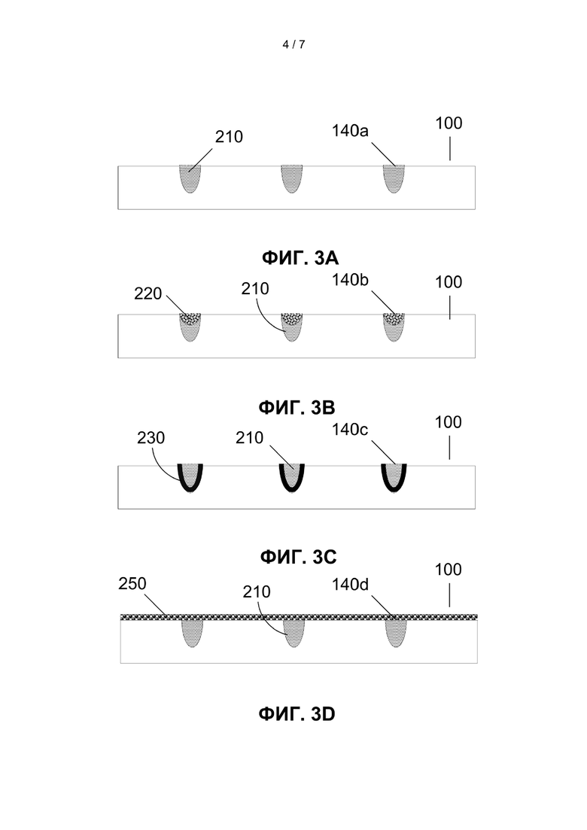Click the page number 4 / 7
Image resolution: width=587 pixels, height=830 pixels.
[293, 44]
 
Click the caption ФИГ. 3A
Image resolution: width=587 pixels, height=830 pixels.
[300, 258]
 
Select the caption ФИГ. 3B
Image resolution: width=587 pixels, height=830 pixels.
[297, 408]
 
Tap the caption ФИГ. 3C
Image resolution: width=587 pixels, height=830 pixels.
[299, 557]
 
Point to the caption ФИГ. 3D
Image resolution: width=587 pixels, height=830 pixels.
[297, 714]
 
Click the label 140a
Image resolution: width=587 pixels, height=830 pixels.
[350, 130]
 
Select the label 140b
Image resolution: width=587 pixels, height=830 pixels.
[350, 279]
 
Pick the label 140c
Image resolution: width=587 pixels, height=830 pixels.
[350, 429]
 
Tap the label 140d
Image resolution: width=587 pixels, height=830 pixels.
[351, 585]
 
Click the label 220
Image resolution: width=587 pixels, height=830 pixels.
[148, 293]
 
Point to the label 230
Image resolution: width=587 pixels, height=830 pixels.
[151, 438]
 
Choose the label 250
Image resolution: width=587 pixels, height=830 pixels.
[132, 583]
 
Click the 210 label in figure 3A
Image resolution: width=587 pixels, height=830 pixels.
[229, 136]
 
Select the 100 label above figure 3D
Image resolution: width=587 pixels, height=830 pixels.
[449, 570]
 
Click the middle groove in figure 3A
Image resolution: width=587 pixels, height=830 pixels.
[292, 178]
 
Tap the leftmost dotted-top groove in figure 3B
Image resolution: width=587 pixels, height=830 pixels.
[190, 327]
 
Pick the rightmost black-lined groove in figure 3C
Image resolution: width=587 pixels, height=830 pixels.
[394, 478]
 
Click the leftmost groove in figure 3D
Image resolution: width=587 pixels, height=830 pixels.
[192, 634]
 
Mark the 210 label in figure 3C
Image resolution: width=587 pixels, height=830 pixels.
[249, 438]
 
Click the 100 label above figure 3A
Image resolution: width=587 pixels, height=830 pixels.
[449, 123]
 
